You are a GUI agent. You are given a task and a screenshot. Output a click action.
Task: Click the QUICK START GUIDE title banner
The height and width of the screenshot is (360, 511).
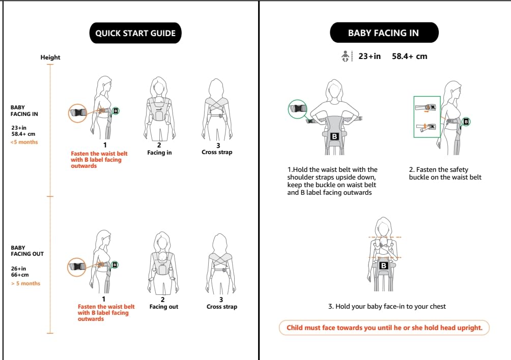tap(135, 33)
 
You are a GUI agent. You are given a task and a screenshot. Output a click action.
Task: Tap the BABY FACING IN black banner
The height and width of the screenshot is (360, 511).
tap(384, 33)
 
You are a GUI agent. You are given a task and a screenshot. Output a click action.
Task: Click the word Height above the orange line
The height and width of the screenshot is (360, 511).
tap(50, 57)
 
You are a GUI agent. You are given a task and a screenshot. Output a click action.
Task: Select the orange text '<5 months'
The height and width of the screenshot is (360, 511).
tap(24, 142)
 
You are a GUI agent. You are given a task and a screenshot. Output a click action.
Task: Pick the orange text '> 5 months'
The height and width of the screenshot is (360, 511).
tap(26, 284)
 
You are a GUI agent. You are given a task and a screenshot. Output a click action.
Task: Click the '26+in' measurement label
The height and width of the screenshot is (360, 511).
tap(18, 268)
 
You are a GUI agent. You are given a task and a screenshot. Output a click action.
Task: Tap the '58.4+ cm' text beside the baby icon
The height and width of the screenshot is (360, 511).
tap(409, 56)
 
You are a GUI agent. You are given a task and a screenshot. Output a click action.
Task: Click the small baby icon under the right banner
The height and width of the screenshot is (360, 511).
tap(346, 56)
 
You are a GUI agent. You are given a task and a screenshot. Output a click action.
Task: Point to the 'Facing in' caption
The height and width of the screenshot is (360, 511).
tap(159, 153)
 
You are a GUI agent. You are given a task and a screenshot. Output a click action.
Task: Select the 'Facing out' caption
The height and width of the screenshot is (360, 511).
tap(163, 307)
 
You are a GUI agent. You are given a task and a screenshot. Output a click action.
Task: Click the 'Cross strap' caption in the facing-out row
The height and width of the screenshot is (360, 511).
tap(222, 307)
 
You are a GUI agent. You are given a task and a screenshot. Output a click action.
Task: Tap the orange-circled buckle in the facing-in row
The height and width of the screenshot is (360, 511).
tap(77, 113)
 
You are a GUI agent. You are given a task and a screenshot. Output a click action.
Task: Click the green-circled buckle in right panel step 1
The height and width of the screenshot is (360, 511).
tap(298, 109)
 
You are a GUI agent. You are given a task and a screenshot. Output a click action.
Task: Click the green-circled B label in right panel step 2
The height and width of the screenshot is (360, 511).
tap(466, 122)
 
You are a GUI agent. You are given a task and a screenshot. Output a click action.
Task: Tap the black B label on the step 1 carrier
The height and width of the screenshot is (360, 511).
tap(334, 136)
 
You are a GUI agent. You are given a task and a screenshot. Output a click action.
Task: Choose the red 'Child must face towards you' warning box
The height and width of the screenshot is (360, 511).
tap(384, 328)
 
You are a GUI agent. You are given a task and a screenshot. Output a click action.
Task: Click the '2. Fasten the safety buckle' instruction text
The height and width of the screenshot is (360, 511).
tap(445, 173)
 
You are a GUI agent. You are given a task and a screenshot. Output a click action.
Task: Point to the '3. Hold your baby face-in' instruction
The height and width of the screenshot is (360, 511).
tap(387, 306)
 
